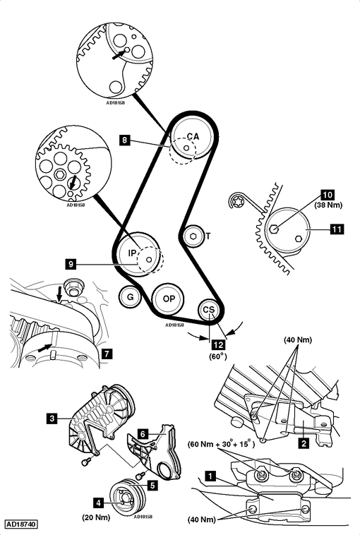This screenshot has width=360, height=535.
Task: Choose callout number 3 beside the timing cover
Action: (52, 419)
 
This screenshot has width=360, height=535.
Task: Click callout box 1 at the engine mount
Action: (209, 476)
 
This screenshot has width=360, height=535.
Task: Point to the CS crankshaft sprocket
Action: (209, 310)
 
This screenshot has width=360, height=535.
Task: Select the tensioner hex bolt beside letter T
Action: (193, 236)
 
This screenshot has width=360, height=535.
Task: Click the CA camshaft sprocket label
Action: (193, 136)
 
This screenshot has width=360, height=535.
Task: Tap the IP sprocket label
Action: (131, 252)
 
